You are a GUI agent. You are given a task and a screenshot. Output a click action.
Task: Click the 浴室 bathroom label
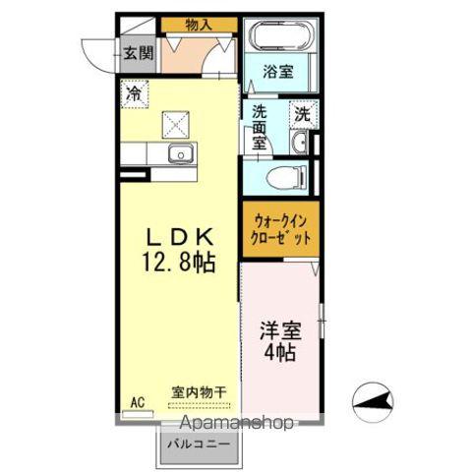[279, 72]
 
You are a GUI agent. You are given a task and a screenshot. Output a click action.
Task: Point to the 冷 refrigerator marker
[133, 92]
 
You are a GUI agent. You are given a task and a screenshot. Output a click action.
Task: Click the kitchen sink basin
[180, 153]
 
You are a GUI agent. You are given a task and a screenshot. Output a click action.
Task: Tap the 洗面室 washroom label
[261, 126]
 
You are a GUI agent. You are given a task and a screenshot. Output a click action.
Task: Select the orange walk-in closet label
[282, 230]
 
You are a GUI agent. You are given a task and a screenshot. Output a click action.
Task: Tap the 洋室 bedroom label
[280, 330]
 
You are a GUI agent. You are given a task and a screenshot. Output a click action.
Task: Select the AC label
[137, 400]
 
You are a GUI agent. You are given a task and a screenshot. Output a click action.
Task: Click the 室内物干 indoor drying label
[199, 391]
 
